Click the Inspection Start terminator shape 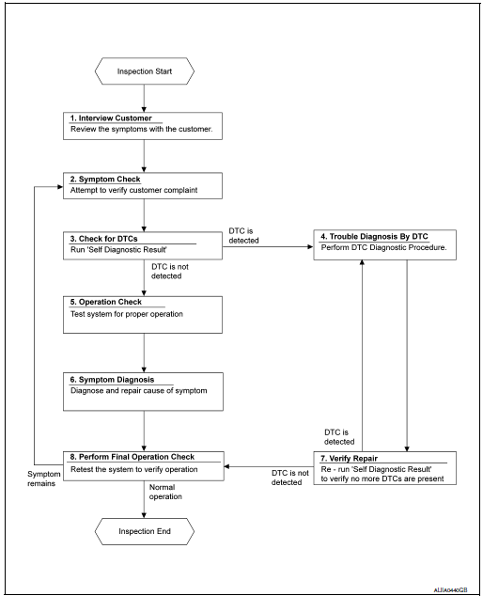pyautogui.click(x=143, y=71)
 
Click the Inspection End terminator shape pyautogui.click(x=143, y=532)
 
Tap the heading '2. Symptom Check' pyautogui.click(x=101, y=179)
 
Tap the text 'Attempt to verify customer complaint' pyautogui.click(x=132, y=191)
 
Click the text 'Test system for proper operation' pyautogui.click(x=126, y=314)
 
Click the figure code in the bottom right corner pyautogui.click(x=452, y=588)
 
